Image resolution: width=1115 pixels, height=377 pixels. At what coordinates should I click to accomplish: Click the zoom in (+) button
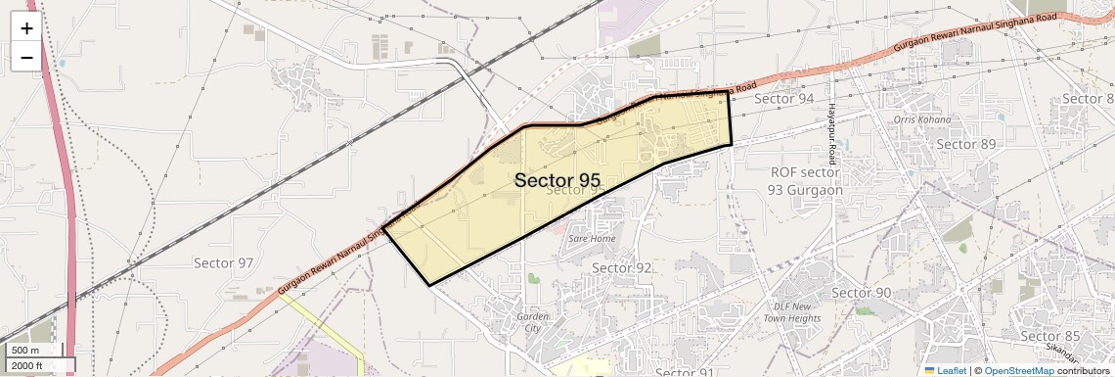point(26,27)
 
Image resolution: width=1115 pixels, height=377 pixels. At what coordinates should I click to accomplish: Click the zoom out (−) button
point(26,57)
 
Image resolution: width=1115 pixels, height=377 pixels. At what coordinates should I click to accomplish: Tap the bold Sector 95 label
point(557,180)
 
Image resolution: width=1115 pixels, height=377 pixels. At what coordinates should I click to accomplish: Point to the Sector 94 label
point(784,99)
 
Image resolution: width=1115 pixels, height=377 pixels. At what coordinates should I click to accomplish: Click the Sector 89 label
point(965,144)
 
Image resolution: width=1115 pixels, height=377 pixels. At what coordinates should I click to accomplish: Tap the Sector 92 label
point(622,267)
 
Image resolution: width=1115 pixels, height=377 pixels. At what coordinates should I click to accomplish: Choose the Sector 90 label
point(861,293)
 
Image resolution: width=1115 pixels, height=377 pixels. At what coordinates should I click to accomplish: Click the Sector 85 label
point(1049,336)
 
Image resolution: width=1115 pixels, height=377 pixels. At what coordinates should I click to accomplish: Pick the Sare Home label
point(592,238)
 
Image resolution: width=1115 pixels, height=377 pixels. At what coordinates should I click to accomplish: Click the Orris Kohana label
point(921,119)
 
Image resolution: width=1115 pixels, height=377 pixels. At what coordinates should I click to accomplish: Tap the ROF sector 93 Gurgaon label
point(805,180)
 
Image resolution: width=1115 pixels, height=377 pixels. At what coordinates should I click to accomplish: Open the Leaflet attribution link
point(945,370)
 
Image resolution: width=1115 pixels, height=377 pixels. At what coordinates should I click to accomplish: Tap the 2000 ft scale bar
point(38,365)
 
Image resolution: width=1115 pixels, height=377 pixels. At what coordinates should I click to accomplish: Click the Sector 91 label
point(686,372)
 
